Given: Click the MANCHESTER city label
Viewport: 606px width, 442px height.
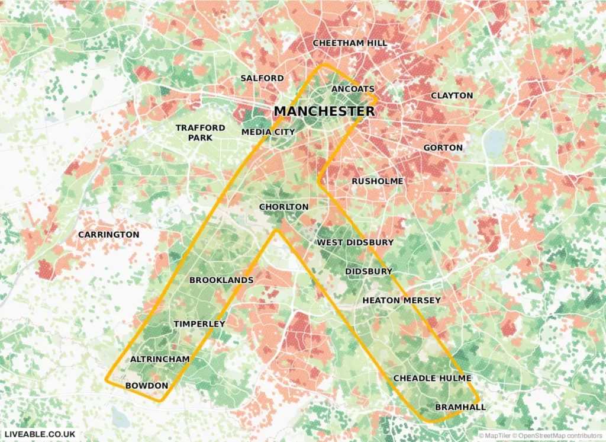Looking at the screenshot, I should [x=324, y=111].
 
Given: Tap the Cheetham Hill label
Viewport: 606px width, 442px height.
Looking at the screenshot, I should [x=350, y=43].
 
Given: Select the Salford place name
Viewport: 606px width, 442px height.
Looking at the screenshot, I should [x=262, y=78].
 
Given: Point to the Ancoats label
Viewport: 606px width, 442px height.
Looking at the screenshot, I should [x=353, y=89].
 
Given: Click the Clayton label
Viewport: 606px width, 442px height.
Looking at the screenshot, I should [x=452, y=95].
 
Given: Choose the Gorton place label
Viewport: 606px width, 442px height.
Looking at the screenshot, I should [x=443, y=148].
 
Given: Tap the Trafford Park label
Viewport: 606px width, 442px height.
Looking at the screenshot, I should [x=200, y=133].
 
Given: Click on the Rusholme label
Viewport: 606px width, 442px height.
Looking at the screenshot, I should [x=377, y=181].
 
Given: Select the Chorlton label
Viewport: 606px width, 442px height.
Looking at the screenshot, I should [x=283, y=207].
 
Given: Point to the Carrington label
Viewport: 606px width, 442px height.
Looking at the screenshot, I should [x=109, y=235].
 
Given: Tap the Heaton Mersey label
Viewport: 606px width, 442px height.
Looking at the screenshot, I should [x=401, y=300].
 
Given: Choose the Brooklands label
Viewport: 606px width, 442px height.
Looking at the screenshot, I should [x=221, y=280].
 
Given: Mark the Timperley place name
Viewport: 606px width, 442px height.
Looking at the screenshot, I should [x=199, y=324].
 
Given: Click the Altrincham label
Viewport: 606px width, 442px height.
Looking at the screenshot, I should [x=160, y=360].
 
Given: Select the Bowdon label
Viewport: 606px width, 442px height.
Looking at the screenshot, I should [x=147, y=386].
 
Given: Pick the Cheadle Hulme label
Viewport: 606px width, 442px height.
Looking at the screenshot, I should [x=432, y=379].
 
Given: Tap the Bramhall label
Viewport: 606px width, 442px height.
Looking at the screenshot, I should [x=460, y=407].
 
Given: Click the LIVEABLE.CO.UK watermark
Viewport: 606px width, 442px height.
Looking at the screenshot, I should [x=39, y=434].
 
